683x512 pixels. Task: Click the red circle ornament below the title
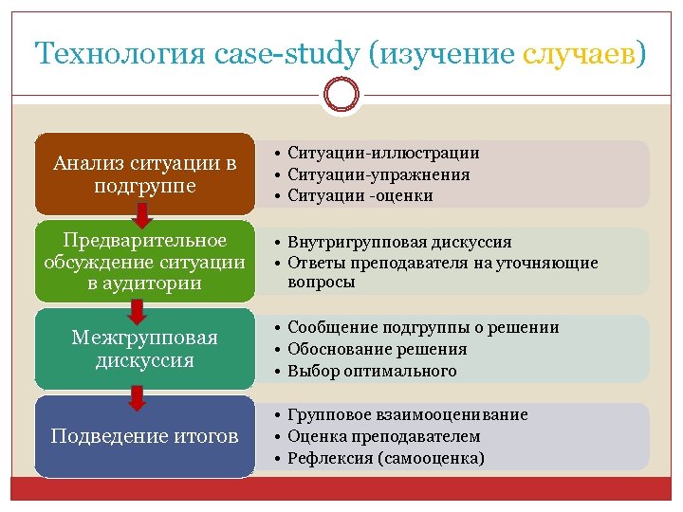341,94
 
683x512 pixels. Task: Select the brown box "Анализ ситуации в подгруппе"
144,174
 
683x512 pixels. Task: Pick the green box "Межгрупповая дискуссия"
144,349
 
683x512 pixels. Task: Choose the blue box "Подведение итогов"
144,436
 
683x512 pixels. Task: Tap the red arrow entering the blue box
137,396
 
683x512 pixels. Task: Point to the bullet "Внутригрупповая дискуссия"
399,243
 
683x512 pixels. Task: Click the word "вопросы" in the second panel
321,283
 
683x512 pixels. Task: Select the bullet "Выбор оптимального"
372,371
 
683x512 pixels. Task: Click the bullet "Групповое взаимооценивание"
407,415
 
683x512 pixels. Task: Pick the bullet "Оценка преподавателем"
383,436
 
